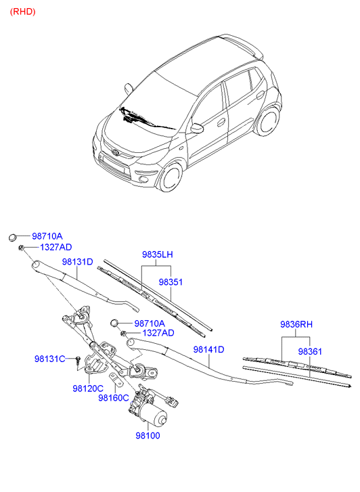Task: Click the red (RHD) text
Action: point(22,12)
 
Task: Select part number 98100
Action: point(148,436)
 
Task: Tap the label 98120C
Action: point(88,388)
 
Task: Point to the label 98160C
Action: point(114,398)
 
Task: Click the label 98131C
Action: point(50,359)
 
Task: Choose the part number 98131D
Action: point(78,262)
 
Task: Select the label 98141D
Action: point(208,349)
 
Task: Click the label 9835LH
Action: point(158,254)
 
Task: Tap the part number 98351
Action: point(171,282)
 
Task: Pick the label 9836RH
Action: point(296,324)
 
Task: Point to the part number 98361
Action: point(310,351)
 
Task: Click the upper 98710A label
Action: point(47,236)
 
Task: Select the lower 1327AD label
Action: point(158,332)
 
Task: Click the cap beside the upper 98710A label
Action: point(13,238)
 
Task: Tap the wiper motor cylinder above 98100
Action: point(154,415)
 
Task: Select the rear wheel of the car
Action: point(268,121)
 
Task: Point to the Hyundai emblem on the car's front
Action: point(116,152)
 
